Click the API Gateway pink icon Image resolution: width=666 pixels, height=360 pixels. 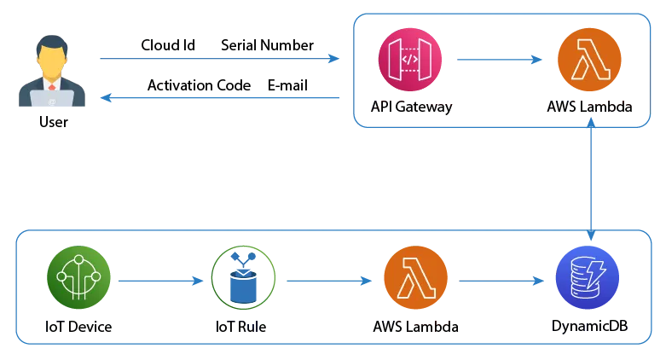click(x=410, y=61)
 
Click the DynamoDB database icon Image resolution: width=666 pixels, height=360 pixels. click(x=589, y=280)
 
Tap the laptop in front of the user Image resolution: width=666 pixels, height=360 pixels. click(x=52, y=101)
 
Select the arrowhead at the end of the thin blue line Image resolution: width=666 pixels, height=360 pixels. click(x=334, y=60)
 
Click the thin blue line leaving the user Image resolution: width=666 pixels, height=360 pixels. click(x=213, y=60)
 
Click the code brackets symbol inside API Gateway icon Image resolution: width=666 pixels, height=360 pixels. click(x=410, y=60)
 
